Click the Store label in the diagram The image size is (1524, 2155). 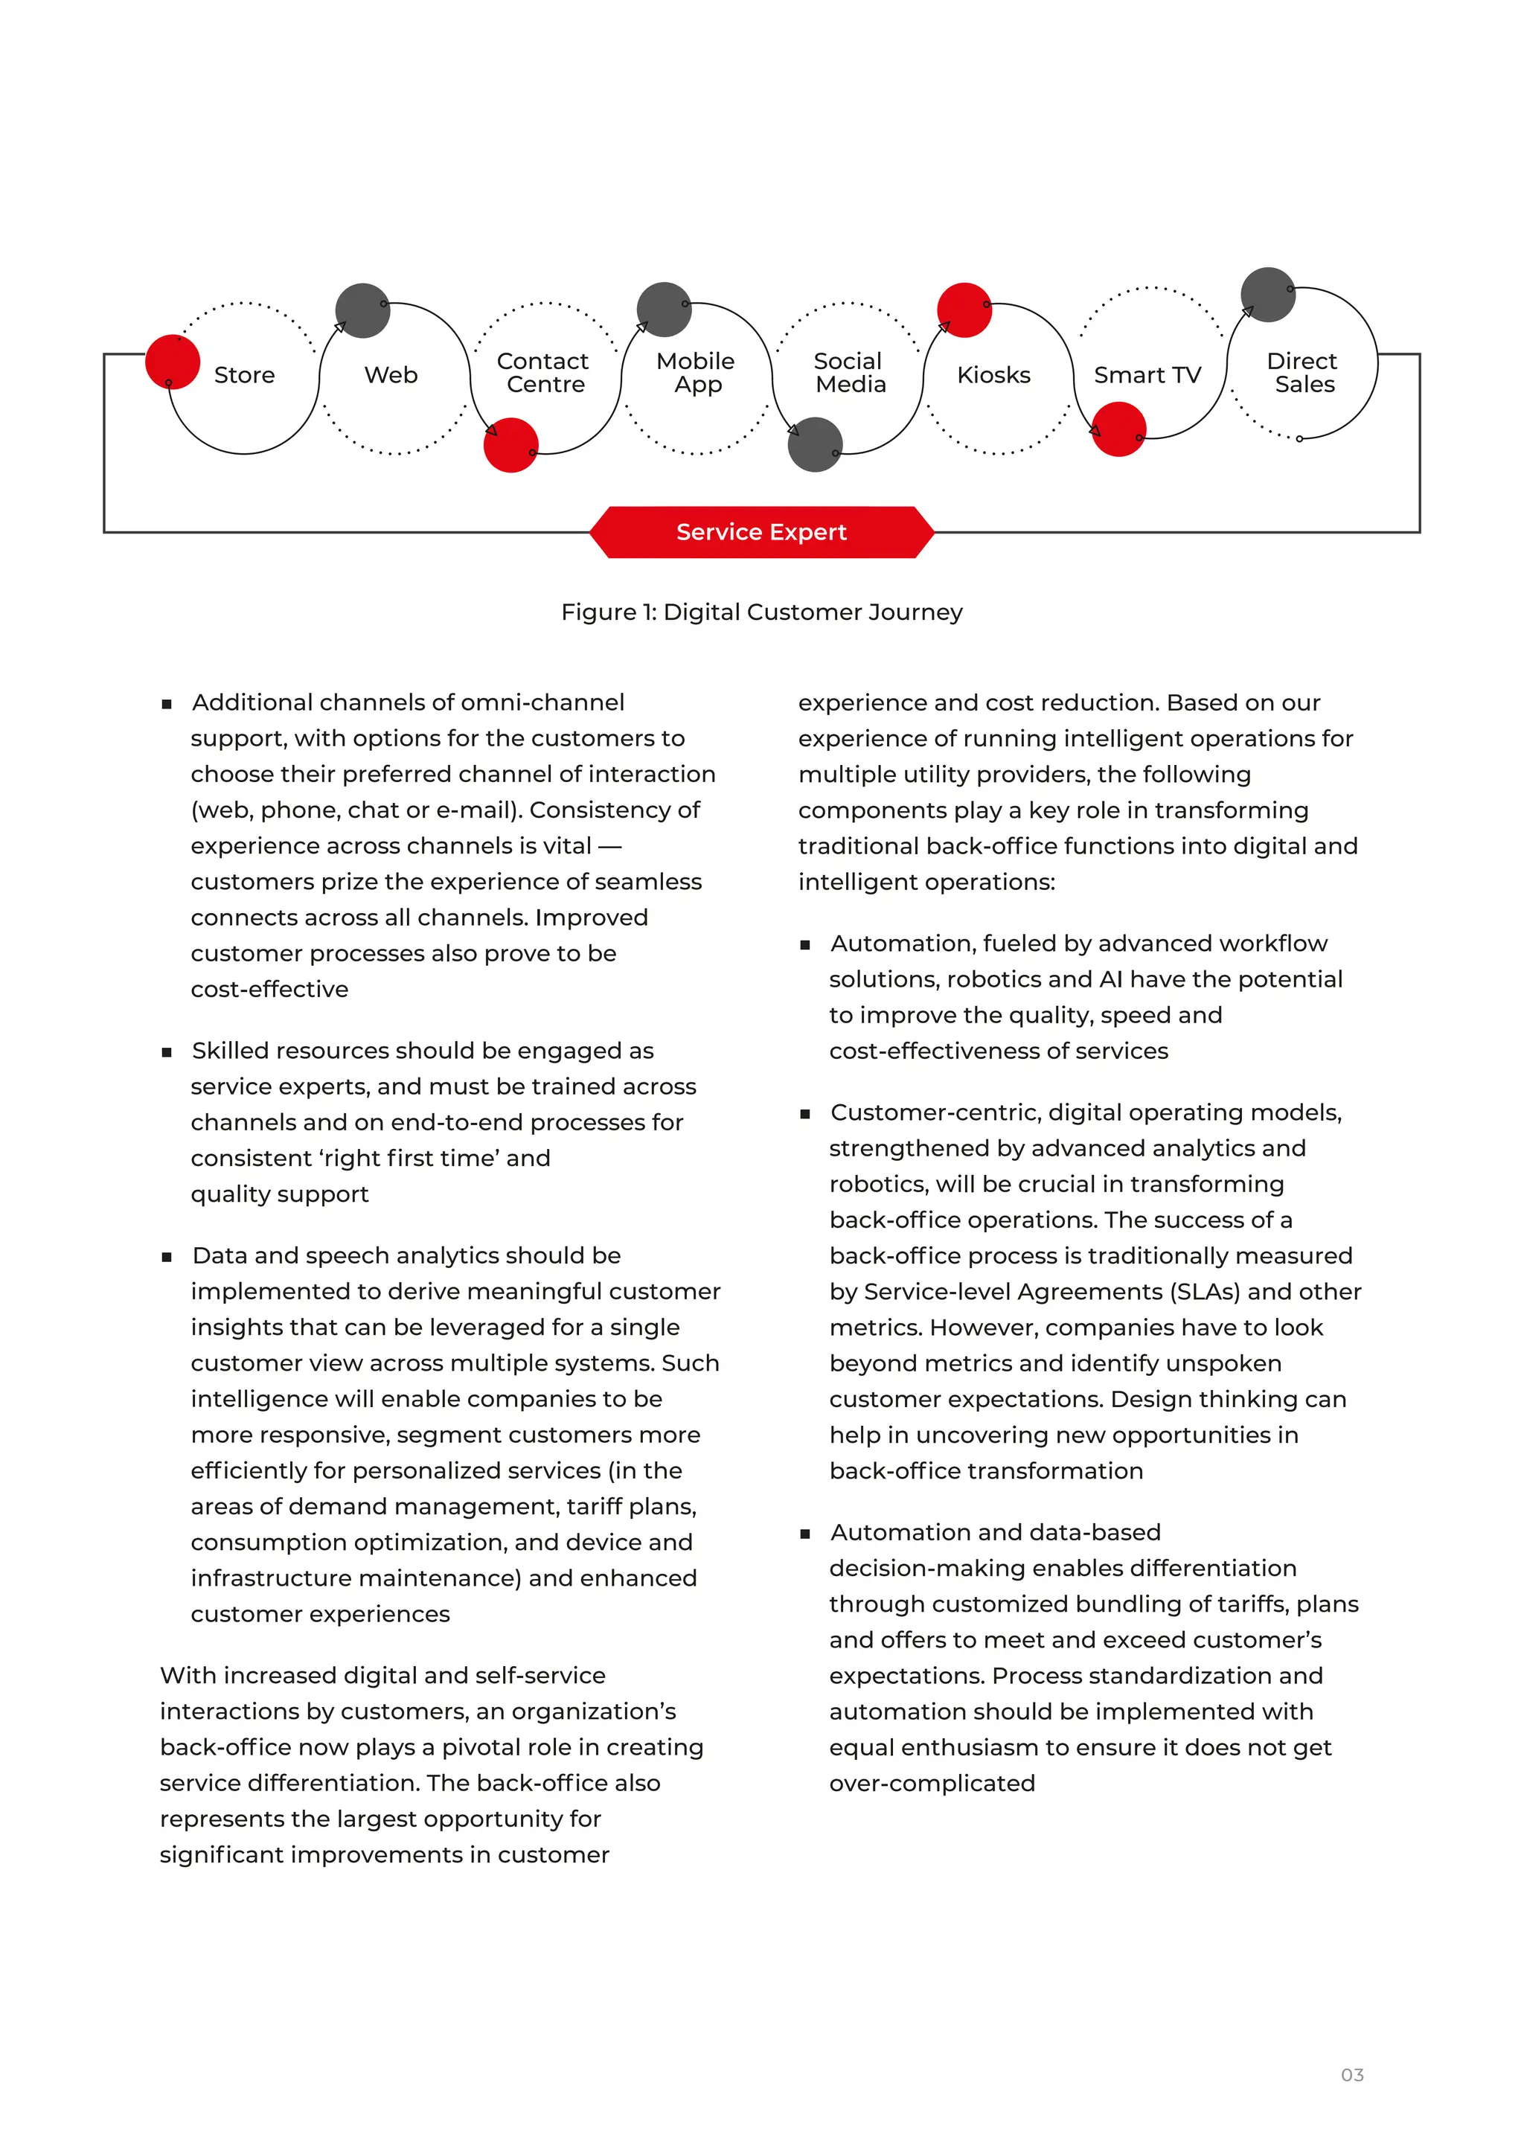pyautogui.click(x=244, y=376)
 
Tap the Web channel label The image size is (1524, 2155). pyautogui.click(x=391, y=376)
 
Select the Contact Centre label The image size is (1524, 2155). pyautogui.click(x=543, y=373)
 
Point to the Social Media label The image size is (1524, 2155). pyautogui.click(x=848, y=373)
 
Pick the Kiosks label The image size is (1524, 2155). pyautogui.click(x=993, y=376)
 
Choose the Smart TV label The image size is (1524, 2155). pyautogui.click(x=1147, y=376)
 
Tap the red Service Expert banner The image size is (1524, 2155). pyautogui.click(x=761, y=532)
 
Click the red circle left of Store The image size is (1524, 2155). pyautogui.click(x=173, y=362)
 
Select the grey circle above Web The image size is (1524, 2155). pyautogui.click(x=362, y=310)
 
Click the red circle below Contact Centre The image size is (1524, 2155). pyautogui.click(x=510, y=445)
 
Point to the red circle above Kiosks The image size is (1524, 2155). pyautogui.click(x=964, y=310)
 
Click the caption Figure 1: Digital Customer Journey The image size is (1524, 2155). pyautogui.click(x=761, y=612)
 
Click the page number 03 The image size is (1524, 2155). pyautogui.click(x=1351, y=2075)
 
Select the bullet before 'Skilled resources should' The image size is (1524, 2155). pyautogui.click(x=167, y=1052)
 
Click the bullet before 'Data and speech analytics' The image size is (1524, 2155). pyautogui.click(x=167, y=1257)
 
